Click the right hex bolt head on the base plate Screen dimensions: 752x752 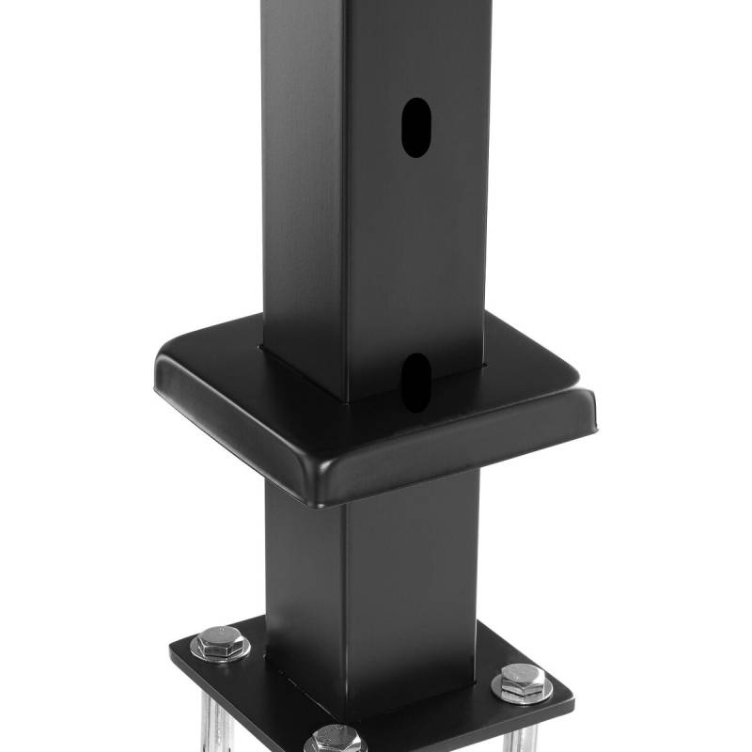[x=521, y=681]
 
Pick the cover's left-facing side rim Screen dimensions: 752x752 [x=235, y=432]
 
